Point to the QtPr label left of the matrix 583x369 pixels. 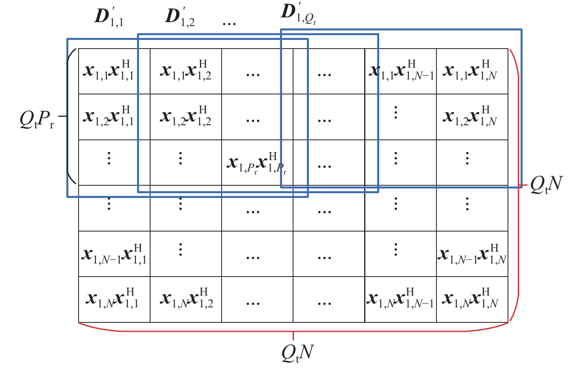tap(37, 119)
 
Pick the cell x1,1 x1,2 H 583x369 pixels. tap(186, 71)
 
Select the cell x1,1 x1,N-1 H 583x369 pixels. tap(401, 71)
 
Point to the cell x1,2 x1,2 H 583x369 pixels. tap(186, 117)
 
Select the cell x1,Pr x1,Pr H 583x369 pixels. tap(257, 163)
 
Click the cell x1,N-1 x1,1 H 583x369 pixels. tap(114, 254)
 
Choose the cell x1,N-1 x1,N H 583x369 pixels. tap(472, 254)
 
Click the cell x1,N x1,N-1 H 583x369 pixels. tap(401, 299)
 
